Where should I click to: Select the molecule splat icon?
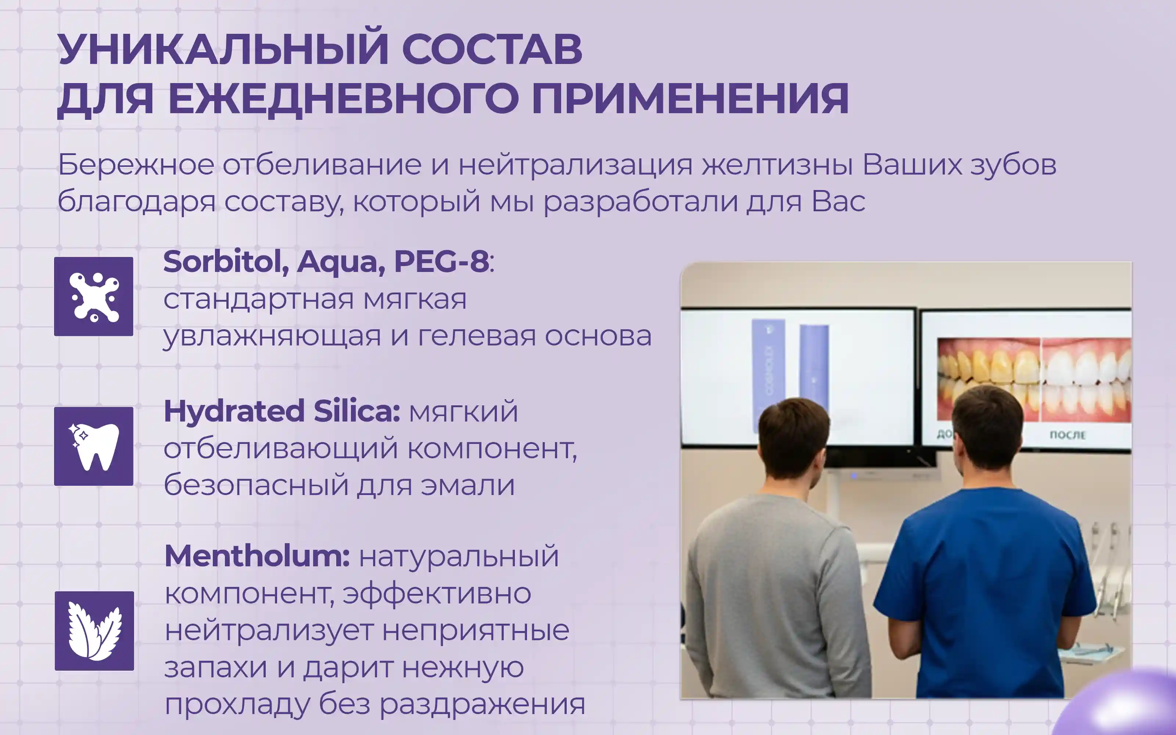coord(93,297)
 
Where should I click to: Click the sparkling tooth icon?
coord(93,446)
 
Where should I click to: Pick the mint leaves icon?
coord(94,631)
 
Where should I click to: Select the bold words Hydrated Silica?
coord(282,411)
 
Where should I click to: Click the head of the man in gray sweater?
coord(793,440)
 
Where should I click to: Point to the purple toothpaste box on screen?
coord(768,374)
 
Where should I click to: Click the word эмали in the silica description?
coord(467,485)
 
